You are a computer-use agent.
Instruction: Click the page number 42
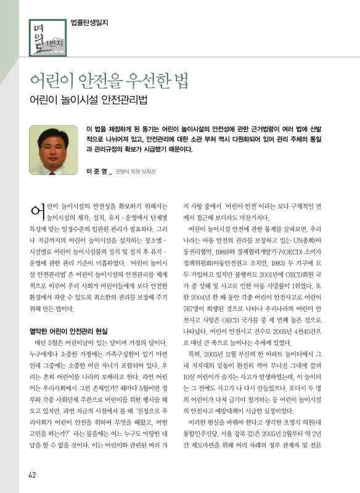point(31,474)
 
